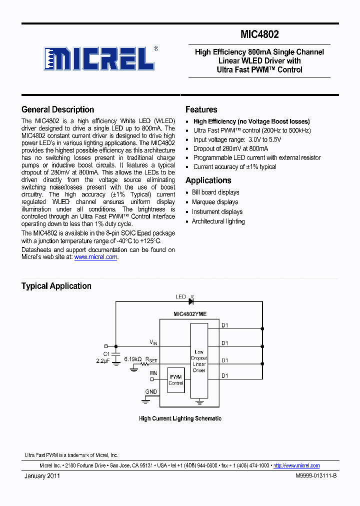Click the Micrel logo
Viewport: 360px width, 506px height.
coord(99,58)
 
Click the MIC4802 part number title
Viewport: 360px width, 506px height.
coord(259,35)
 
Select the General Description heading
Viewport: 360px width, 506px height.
coord(57,109)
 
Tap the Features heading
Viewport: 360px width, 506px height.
coord(201,109)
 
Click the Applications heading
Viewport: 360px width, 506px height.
coord(208,180)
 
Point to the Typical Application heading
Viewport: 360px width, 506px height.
coord(56,286)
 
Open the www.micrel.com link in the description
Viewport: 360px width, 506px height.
coord(95,257)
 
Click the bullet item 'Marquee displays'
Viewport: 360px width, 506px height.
coord(215,202)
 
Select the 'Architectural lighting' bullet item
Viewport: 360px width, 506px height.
coord(218,221)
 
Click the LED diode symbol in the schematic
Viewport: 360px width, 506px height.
coord(191,301)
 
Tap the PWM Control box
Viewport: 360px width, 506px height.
coord(176,380)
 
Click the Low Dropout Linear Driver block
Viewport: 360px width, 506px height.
coord(199,361)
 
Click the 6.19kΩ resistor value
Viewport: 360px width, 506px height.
coord(132,359)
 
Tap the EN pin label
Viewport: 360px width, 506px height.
coord(153,372)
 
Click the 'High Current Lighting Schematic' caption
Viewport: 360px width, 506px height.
coord(180,418)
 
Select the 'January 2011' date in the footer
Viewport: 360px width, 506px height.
coord(42,476)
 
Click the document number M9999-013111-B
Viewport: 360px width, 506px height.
coord(316,476)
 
